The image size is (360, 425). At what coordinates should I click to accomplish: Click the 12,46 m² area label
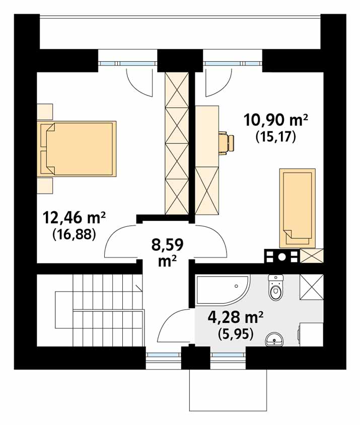tap(74, 218)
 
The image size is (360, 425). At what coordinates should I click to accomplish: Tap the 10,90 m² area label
tap(275, 120)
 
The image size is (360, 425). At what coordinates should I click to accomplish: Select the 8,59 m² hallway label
tap(167, 252)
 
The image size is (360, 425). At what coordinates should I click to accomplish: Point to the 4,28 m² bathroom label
tap(236, 317)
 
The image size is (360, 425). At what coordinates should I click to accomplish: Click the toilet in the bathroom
tap(276, 287)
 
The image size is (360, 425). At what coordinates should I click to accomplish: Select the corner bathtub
tap(223, 290)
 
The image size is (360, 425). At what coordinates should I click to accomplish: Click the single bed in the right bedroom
tap(298, 208)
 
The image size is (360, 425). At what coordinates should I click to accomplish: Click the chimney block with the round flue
tap(282, 256)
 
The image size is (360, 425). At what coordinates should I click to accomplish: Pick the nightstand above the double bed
tap(45, 111)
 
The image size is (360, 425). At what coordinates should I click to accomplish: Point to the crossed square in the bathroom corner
tap(312, 287)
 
